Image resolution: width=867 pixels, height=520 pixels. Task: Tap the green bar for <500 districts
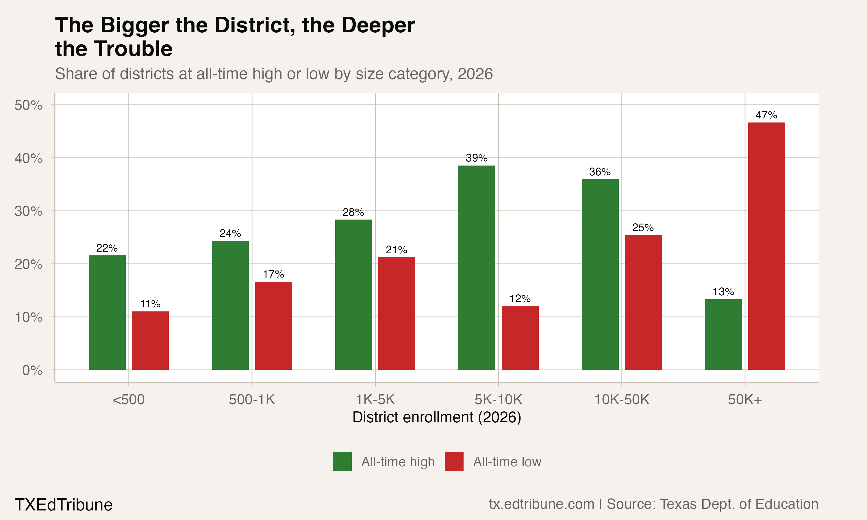(107, 312)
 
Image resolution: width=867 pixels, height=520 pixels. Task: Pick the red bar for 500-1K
(273, 326)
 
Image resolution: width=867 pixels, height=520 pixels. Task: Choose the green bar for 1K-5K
(354, 294)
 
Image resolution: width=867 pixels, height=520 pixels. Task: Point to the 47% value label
(766, 115)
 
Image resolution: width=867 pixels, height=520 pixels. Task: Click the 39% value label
(476, 158)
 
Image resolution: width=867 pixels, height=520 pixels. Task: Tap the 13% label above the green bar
(723, 291)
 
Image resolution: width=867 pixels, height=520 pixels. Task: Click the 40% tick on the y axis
(28, 158)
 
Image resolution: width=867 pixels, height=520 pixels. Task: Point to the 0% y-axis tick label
(32, 370)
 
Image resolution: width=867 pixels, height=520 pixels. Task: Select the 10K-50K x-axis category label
(622, 400)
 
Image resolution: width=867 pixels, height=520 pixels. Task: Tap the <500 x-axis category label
(128, 400)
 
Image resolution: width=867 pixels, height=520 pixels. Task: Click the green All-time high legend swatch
(342, 461)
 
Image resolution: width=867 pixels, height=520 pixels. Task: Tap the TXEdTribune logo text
(63, 505)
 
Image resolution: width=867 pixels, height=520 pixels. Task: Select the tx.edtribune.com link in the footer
(541, 504)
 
